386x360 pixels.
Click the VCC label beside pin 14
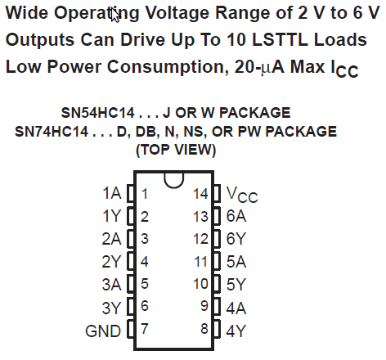(x=242, y=195)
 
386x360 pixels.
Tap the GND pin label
(x=103, y=331)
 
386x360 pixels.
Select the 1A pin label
(x=112, y=193)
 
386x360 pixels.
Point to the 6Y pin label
(x=236, y=239)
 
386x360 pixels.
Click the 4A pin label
(x=236, y=308)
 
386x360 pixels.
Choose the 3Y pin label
(x=111, y=308)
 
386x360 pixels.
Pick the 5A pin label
(x=236, y=262)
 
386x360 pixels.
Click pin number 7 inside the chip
(x=145, y=329)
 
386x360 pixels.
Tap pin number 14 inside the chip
(x=200, y=194)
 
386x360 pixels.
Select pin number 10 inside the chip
(x=200, y=284)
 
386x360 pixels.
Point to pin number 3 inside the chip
(x=145, y=239)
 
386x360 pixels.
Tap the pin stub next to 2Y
(x=131, y=262)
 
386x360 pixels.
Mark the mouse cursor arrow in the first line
(x=115, y=15)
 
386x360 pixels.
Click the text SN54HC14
(x=98, y=113)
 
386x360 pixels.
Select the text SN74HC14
(x=52, y=132)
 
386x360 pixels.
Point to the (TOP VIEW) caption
(x=176, y=150)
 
